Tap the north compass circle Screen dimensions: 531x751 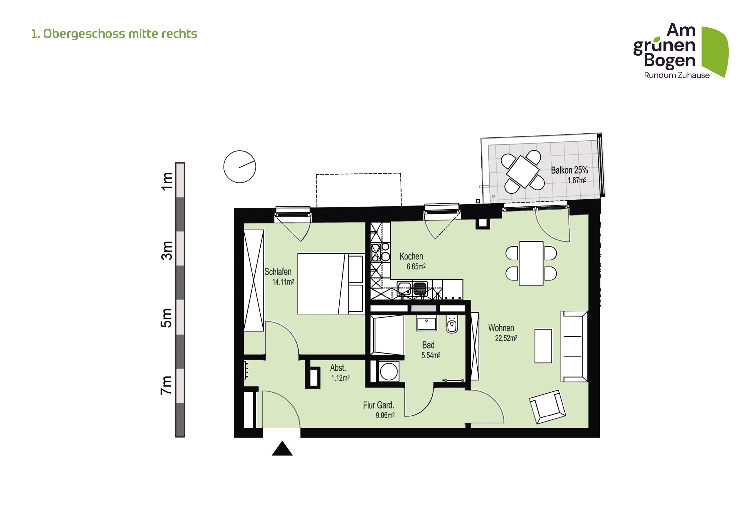tap(240, 167)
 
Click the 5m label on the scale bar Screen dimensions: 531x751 tap(167, 318)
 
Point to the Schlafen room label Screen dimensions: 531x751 tap(278, 272)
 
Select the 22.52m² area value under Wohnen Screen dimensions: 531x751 tap(506, 338)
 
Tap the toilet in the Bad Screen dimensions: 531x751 tap(452, 325)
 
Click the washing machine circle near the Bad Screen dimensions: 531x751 tap(389, 372)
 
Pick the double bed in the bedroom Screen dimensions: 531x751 tap(330, 283)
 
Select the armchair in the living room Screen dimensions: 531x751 tap(547, 407)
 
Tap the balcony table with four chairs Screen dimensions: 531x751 tap(522, 172)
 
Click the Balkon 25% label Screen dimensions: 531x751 tap(569, 170)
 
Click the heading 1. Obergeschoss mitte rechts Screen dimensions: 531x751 tap(114, 34)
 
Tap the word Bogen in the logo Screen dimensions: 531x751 tap(669, 60)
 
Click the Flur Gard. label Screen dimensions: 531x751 tap(379, 405)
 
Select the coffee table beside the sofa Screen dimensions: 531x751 tap(543, 346)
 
